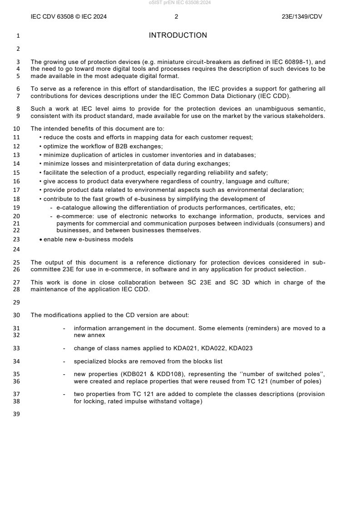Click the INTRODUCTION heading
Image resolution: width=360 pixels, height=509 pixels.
click(x=178, y=35)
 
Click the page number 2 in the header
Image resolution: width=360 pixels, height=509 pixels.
click(x=176, y=17)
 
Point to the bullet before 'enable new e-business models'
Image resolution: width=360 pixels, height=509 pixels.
click(x=41, y=240)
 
